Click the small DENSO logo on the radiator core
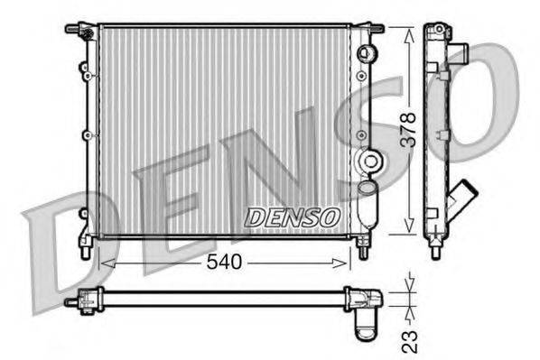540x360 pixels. coord(293,217)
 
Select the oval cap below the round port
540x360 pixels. coord(366,188)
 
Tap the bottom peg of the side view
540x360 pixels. coord(437,246)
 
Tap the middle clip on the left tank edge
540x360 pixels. coord(86,135)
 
